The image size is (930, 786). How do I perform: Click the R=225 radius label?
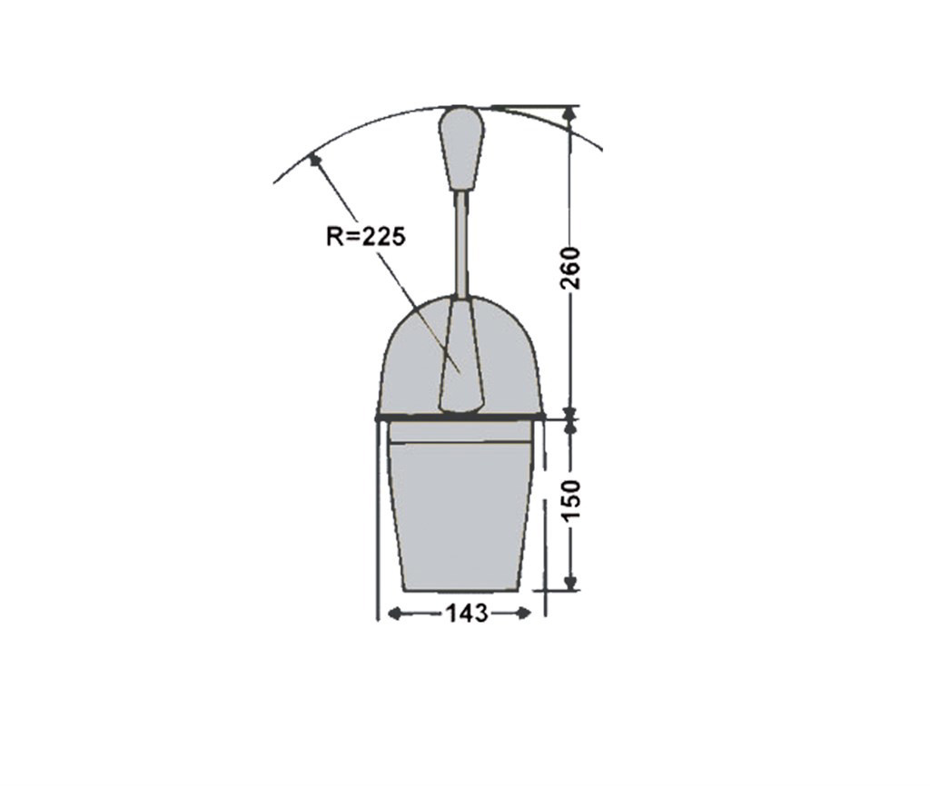pyautogui.click(x=366, y=237)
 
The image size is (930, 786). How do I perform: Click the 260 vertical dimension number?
pyautogui.click(x=570, y=267)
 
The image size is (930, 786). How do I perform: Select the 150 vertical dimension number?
pyautogui.click(x=570, y=500)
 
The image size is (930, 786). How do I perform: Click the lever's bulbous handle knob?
pyautogui.click(x=461, y=148)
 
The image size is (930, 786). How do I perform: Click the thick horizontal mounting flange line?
pyautogui.click(x=460, y=418)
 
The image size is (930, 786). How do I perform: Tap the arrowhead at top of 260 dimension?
pyautogui.click(x=570, y=113)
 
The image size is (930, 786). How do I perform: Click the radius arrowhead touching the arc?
pyautogui.click(x=314, y=161)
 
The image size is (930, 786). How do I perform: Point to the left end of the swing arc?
pyautogui.click(x=275, y=182)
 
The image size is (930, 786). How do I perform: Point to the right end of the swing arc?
pyautogui.click(x=600, y=148)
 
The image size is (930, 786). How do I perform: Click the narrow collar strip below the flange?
pyautogui.click(x=460, y=433)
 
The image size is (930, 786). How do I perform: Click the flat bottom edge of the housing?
pyautogui.click(x=460, y=590)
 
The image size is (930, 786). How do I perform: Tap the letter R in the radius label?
pyautogui.click(x=333, y=237)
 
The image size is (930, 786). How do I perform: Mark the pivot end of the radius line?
pyautogui.click(x=460, y=370)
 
